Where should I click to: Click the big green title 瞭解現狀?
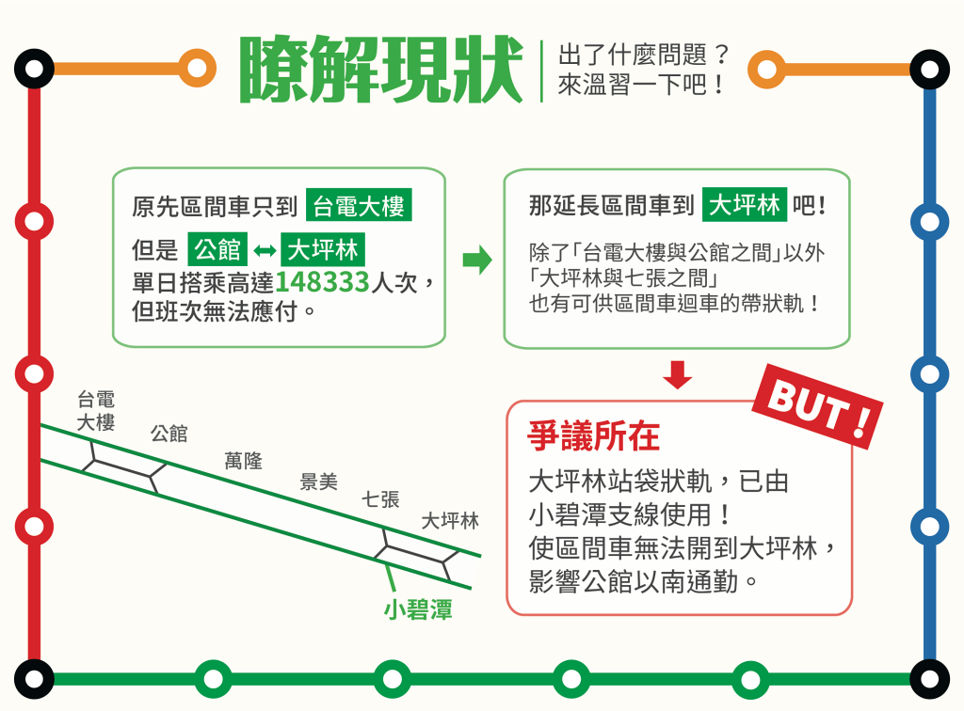point(381,69)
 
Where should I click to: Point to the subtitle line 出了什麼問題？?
point(643,55)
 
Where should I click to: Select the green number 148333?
point(322,282)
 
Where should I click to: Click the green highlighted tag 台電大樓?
point(359,206)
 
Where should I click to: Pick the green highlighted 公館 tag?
point(217,249)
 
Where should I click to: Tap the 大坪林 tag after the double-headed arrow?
point(324,249)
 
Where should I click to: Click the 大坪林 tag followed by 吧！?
point(745,204)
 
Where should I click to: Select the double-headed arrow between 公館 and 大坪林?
point(265,250)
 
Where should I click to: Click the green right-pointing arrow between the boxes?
point(477,260)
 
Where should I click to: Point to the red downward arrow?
point(678,374)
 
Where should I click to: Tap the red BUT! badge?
point(818,406)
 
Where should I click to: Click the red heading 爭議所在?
point(593,436)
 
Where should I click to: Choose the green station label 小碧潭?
point(418,610)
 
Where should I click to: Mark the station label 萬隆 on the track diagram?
point(244,461)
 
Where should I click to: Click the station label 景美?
point(318,482)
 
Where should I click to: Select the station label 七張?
point(380,499)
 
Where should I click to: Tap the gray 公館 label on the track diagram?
point(169,434)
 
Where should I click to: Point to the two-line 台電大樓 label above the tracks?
point(96,411)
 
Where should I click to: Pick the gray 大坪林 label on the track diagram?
point(450,521)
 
